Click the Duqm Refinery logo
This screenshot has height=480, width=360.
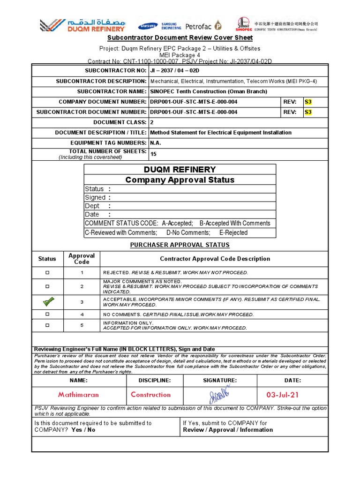pyautogui.click(x=83, y=25)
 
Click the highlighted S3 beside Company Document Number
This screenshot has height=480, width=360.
pyautogui.click(x=307, y=101)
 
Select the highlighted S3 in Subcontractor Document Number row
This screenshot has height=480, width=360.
pyautogui.click(x=307, y=112)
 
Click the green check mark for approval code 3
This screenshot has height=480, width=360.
pyautogui.click(x=47, y=301)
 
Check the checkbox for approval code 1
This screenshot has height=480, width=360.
pyautogui.click(x=47, y=273)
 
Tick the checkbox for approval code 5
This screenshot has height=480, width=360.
pyautogui.click(x=47, y=325)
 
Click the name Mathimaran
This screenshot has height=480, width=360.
pyautogui.click(x=78, y=395)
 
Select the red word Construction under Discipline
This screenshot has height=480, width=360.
pyautogui.click(x=151, y=395)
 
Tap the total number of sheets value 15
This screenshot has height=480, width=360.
pyautogui.click(x=153, y=154)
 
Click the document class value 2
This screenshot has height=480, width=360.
pyautogui.click(x=151, y=122)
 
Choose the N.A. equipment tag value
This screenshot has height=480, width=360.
pyautogui.click(x=156, y=142)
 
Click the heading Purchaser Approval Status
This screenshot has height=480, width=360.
pyautogui.click(x=180, y=245)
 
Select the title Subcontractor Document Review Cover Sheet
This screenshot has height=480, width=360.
pyautogui.click(x=180, y=37)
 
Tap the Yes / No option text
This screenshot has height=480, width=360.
pyautogui.click(x=83, y=429)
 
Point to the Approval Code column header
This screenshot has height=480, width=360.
pyautogui.click(x=82, y=259)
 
